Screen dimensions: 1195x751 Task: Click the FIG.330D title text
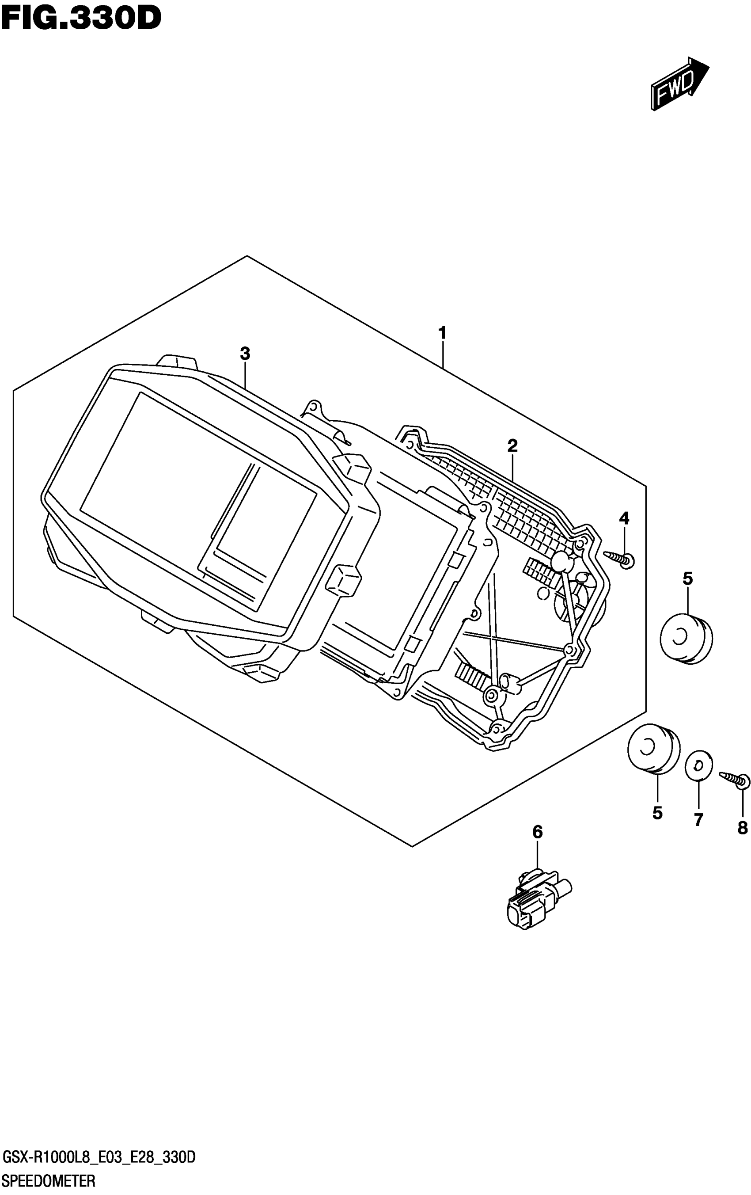point(81,19)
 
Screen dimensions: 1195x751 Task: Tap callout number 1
point(442,332)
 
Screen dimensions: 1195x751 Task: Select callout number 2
point(512,445)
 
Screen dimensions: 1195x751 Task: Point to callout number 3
point(245,354)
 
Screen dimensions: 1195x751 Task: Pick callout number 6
point(538,831)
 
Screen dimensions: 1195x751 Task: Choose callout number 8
point(742,827)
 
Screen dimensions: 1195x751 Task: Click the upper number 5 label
point(687,578)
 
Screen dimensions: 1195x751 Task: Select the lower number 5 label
point(657,813)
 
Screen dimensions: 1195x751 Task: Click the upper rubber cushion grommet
point(686,638)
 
